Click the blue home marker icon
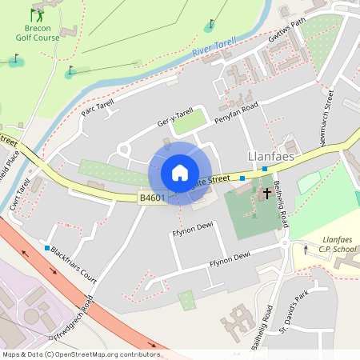180,173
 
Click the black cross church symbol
266,194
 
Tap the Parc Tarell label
99,105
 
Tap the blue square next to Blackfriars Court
47,248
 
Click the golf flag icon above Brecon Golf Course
36,14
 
